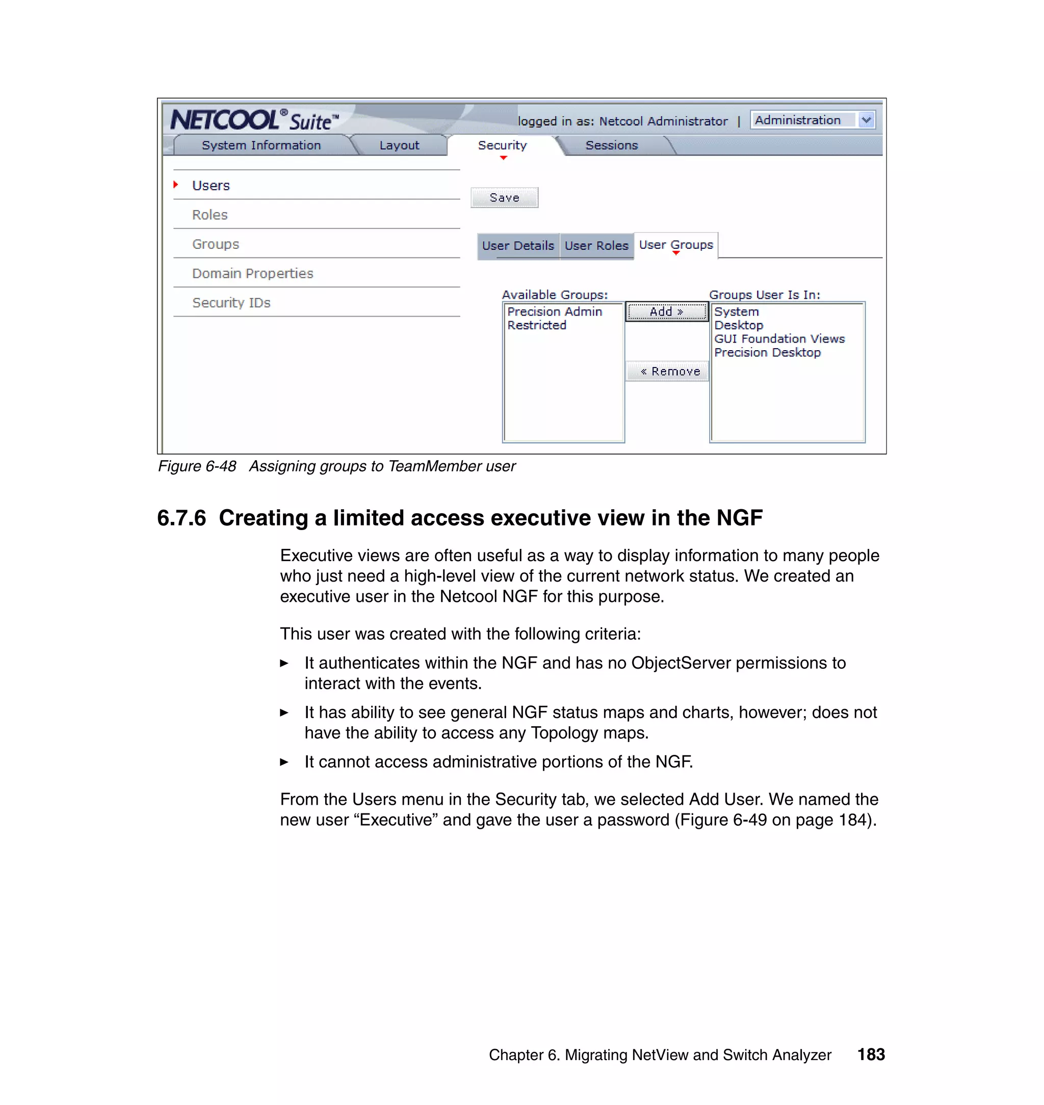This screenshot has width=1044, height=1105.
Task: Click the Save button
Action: [x=504, y=198]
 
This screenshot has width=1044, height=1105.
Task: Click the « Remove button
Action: [x=667, y=371]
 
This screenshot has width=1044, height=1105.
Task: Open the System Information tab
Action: [x=261, y=145]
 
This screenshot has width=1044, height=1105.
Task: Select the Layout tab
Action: [x=399, y=145]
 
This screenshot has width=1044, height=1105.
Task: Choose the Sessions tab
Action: [x=611, y=145]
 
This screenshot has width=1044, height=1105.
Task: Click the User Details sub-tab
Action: [x=517, y=245]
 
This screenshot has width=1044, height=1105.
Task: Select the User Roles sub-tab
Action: [x=596, y=245]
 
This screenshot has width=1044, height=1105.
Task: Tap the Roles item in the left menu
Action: [x=210, y=215]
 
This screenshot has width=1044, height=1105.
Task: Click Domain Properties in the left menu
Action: [x=253, y=273]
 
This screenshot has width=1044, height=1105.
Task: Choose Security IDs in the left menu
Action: [x=231, y=303]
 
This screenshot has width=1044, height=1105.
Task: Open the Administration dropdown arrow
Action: [x=866, y=120]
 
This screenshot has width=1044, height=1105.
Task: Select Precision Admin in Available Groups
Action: [x=554, y=311]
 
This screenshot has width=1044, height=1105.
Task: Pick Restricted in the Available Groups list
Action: [x=536, y=326]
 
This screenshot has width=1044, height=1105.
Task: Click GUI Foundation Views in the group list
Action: [x=779, y=339]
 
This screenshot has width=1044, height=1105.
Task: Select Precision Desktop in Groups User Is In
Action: [x=767, y=353]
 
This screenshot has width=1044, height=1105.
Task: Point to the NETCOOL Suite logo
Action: [x=254, y=120]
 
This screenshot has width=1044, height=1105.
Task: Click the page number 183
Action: [x=871, y=1055]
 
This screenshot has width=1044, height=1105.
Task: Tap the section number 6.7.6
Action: [x=181, y=518]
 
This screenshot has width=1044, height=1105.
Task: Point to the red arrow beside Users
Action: [x=176, y=185]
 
